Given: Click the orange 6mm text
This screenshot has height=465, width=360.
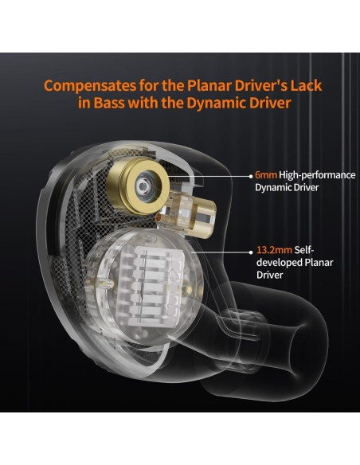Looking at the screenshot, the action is pyautogui.click(x=266, y=175).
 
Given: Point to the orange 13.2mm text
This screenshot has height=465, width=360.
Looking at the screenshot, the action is pyautogui.click(x=274, y=250).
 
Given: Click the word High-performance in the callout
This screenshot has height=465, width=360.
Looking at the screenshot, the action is pyautogui.click(x=317, y=175).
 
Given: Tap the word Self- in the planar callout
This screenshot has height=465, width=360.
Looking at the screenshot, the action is pyautogui.click(x=303, y=250).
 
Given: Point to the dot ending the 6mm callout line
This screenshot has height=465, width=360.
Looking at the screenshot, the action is pyautogui.click(x=251, y=176).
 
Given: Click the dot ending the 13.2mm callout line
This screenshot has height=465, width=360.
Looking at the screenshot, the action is pyautogui.click(x=251, y=252).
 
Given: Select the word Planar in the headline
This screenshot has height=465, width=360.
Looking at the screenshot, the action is pyautogui.click(x=209, y=85).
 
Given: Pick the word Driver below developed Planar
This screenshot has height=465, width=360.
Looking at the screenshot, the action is pyautogui.click(x=269, y=275).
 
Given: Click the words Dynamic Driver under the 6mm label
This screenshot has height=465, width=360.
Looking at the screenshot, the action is pyautogui.click(x=287, y=188).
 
